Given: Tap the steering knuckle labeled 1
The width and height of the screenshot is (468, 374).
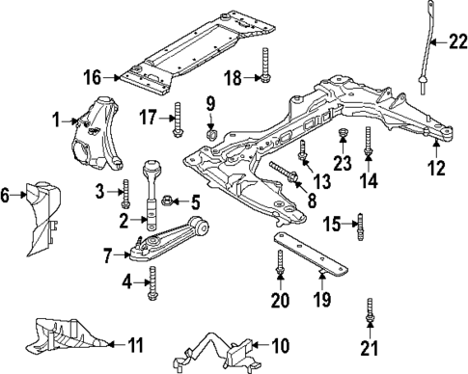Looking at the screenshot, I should tap(96, 130).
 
